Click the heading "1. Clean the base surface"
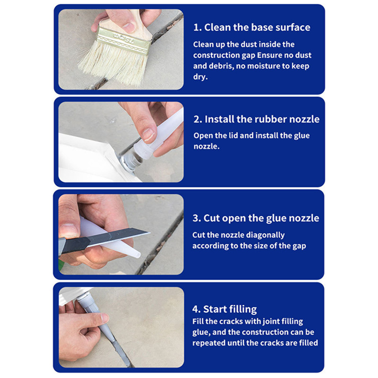[x=252, y=27]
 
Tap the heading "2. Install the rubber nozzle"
[x=257, y=119]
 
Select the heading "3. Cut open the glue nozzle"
[x=256, y=218]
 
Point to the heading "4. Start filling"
[x=224, y=309]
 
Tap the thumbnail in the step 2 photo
[x=148, y=135]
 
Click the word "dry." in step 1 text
[x=200, y=77]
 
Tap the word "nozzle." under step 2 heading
[x=206, y=146]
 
